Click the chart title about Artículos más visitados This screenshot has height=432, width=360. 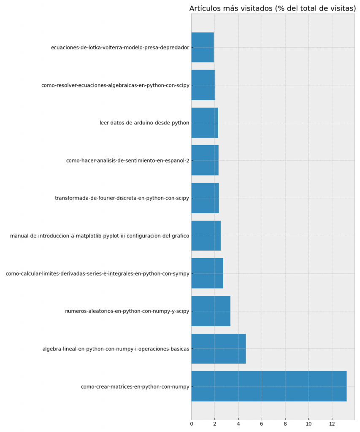[x=272, y=8]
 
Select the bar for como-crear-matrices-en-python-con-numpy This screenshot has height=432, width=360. [x=269, y=386]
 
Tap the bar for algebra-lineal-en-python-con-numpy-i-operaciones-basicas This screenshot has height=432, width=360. [x=219, y=349]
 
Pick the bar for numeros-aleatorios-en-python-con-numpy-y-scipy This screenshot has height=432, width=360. [x=211, y=311]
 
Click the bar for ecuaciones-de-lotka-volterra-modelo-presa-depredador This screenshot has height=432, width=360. [x=203, y=47]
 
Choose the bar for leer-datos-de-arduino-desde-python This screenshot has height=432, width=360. [x=205, y=123]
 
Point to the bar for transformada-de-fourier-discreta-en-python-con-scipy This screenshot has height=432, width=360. [x=205, y=198]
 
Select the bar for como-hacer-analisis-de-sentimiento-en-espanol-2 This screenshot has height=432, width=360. [x=205, y=160]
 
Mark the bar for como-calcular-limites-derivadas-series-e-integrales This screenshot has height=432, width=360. [x=207, y=273]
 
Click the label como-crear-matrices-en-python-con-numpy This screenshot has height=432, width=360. [x=135, y=387]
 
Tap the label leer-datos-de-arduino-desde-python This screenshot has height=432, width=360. [x=144, y=123]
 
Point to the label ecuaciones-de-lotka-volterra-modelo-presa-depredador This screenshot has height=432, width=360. [x=120, y=48]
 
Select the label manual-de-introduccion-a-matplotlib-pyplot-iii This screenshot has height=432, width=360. [x=100, y=236]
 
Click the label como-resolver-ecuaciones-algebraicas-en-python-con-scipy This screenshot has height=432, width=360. [x=115, y=85]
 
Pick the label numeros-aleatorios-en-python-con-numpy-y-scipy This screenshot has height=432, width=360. [x=127, y=311]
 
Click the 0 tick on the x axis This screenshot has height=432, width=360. [x=192, y=424]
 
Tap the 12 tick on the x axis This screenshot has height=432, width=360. [x=332, y=424]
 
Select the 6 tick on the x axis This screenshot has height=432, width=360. [x=262, y=424]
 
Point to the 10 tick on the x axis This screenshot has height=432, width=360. [x=309, y=424]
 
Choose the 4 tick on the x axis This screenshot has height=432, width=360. [x=238, y=424]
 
